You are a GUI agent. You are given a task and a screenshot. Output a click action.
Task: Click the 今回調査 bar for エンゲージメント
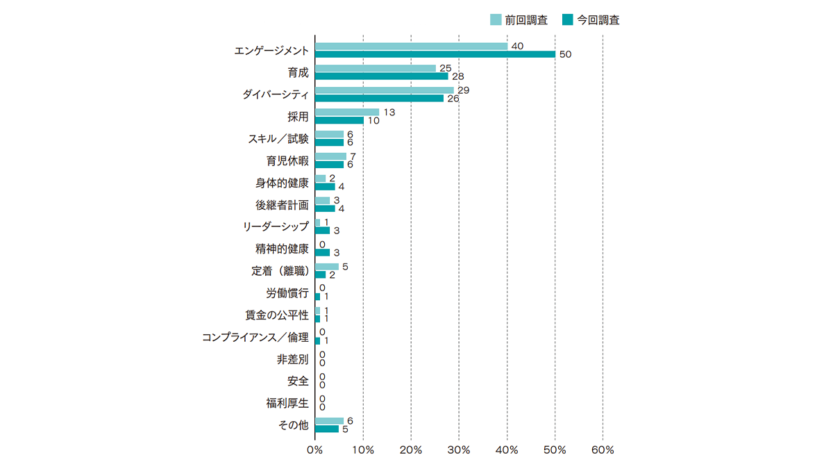coord(435,54)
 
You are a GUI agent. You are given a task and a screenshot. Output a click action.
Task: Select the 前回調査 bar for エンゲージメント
coord(411,46)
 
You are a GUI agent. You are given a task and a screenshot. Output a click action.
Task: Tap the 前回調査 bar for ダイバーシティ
coord(385,90)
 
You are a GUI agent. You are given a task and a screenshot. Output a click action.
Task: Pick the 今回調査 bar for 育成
coord(382,76)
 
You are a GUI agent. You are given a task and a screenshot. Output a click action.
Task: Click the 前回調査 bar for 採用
coord(347,112)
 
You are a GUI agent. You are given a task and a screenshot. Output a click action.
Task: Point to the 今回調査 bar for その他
coord(327,429)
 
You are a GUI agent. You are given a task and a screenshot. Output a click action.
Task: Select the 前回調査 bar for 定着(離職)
coord(327,267)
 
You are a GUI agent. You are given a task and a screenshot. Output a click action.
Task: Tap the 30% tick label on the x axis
coord(459,450)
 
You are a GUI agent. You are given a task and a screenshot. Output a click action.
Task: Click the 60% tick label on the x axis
coord(603,450)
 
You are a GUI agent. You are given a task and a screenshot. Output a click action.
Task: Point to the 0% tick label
coord(315,450)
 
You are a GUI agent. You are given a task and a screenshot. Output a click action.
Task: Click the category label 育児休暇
coord(287,161)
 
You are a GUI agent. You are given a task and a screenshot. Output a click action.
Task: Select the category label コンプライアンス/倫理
coord(255,338)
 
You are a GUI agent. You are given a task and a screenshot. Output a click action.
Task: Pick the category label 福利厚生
coord(287,404)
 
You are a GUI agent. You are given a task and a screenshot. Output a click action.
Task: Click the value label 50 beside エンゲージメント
coord(565,54)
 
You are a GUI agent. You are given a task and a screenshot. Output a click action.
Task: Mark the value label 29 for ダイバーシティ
coord(463,90)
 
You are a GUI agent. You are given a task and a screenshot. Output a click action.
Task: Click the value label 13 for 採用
coord(389,112)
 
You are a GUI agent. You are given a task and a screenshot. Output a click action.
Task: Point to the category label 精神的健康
coord(282,249)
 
